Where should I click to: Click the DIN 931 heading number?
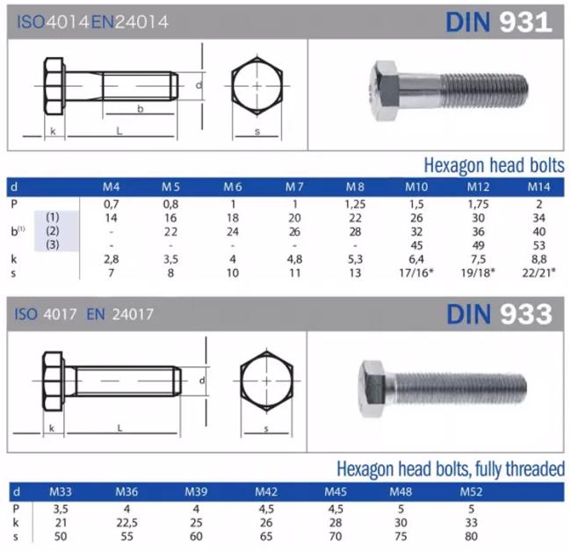coord(525,22)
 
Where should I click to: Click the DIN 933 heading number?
coord(526,314)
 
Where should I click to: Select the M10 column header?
coord(416,187)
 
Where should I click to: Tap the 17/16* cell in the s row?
coord(416,272)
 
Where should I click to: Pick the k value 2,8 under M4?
coord(111,259)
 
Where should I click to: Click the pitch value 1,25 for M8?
coord(355,204)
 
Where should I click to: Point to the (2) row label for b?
coord(53,231)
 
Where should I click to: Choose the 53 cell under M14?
coord(539,245)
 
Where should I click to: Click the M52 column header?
coord(471,491)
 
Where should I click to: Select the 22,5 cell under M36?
coord(126,523)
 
